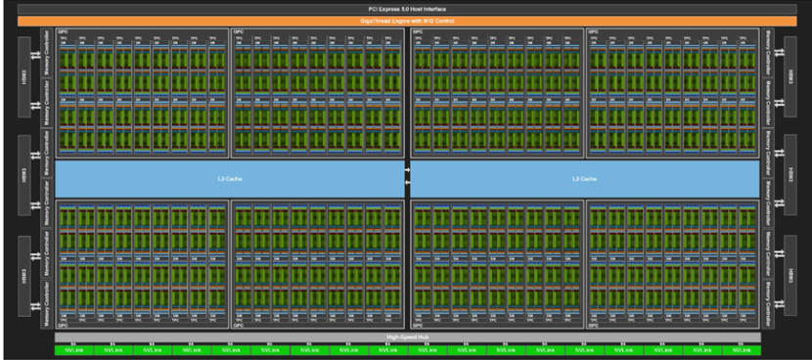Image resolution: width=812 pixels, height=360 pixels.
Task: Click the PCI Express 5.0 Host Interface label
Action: point(406,8)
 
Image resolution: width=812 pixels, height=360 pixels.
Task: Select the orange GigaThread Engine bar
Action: point(406,20)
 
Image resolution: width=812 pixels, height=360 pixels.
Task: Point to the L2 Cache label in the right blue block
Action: point(584,179)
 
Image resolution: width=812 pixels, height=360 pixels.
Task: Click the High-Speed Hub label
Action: point(406,337)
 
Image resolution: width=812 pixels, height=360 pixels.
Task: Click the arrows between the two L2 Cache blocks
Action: point(406,179)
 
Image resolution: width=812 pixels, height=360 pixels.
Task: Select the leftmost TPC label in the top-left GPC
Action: point(64,39)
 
